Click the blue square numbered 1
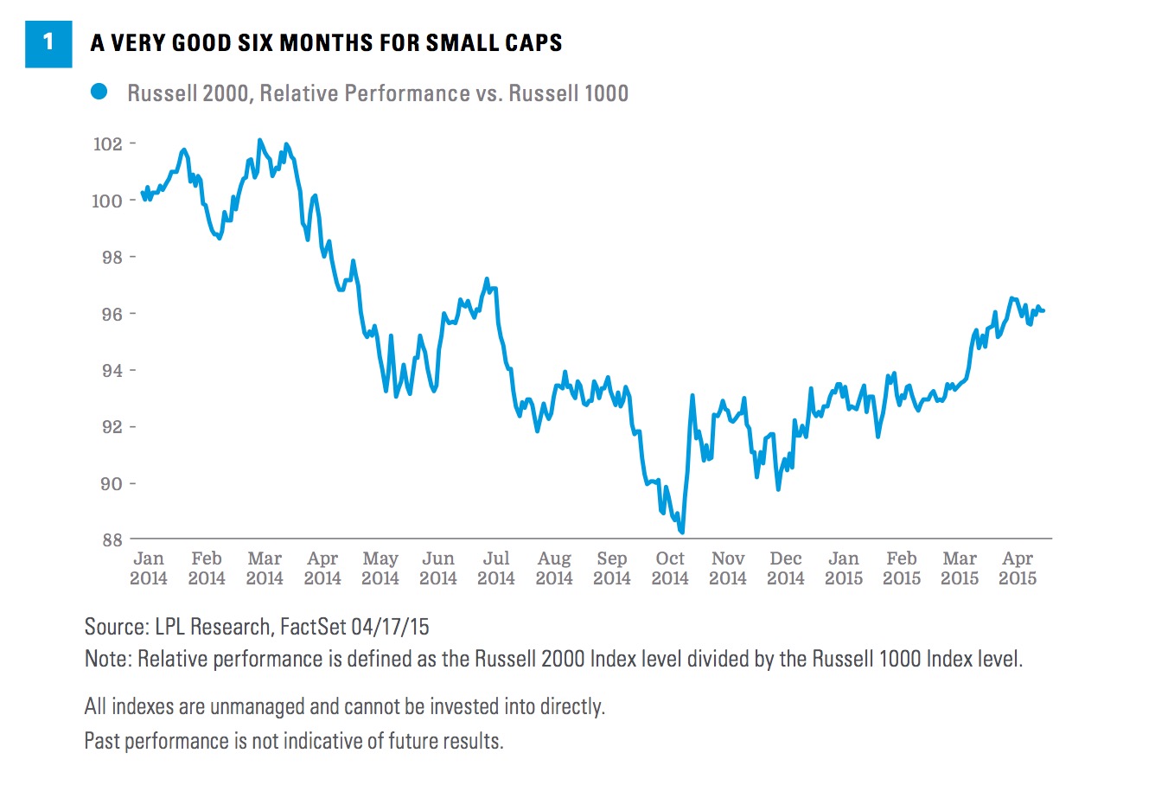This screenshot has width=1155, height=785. (x=48, y=42)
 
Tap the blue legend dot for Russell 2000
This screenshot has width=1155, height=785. (x=99, y=92)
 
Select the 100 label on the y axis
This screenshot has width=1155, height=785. (x=108, y=201)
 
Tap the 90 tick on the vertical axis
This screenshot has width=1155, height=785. (x=112, y=483)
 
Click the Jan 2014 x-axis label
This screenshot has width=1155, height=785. (x=149, y=568)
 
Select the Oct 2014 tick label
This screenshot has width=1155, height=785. (x=670, y=568)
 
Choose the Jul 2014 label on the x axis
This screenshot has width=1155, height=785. (x=496, y=568)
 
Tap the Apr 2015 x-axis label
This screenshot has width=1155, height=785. (x=1018, y=568)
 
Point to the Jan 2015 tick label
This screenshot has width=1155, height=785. (x=844, y=568)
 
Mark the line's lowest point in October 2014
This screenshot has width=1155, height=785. (x=682, y=533)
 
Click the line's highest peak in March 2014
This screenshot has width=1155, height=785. (x=259, y=140)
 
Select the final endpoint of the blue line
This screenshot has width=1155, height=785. (x=1043, y=310)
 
